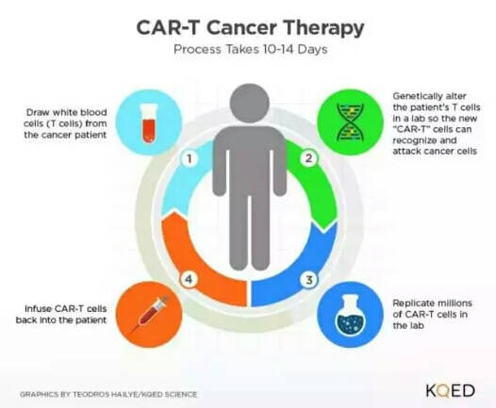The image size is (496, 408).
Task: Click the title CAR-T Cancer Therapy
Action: coord(250,28)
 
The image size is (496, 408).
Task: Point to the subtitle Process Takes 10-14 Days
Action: coord(251,50)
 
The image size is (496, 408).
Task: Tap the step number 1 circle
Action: coord(190,158)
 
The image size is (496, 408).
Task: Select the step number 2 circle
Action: coord(309,158)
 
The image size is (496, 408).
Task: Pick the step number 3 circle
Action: coord(309,279)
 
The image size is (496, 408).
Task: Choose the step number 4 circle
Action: coord(189,279)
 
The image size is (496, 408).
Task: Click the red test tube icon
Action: coord(149,122)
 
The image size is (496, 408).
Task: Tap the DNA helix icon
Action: coord(350,122)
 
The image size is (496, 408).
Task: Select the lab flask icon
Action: coord(350,315)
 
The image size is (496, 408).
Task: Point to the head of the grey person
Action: coord(250,103)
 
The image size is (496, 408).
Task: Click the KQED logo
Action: coord(451,391)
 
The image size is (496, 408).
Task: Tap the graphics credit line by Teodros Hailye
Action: coord(108,395)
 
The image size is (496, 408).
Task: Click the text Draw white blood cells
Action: coord(66,123)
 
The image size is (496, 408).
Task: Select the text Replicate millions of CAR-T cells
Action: coord(432,314)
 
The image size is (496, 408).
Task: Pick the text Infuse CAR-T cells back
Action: coord(61,314)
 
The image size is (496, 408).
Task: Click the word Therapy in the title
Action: coord(324,29)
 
